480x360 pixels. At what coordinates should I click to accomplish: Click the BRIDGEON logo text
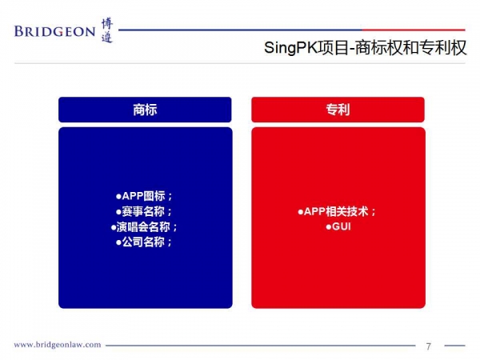tap(54, 31)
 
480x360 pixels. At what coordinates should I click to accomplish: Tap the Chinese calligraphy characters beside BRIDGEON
tap(107, 30)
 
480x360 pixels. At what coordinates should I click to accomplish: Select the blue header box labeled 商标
tap(145, 110)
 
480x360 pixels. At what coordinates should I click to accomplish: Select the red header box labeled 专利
tap(338, 110)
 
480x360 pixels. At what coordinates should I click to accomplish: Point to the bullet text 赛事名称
tap(143, 211)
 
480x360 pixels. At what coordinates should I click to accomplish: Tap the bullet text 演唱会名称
tap(143, 227)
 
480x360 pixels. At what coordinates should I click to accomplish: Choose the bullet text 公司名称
tap(143, 242)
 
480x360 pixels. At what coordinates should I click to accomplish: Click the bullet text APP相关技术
tap(336, 211)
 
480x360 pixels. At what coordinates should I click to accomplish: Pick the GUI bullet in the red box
tap(342, 226)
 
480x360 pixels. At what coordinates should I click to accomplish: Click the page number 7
tap(429, 346)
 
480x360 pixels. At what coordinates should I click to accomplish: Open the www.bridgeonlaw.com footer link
tap(58, 345)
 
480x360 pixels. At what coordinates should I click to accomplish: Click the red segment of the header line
tap(414, 30)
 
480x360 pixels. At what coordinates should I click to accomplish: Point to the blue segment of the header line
tap(240, 30)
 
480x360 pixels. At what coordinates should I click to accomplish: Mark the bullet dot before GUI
tap(329, 227)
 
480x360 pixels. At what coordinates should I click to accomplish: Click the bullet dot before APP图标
tap(118, 197)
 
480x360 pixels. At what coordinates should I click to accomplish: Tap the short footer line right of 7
tap(454, 346)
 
